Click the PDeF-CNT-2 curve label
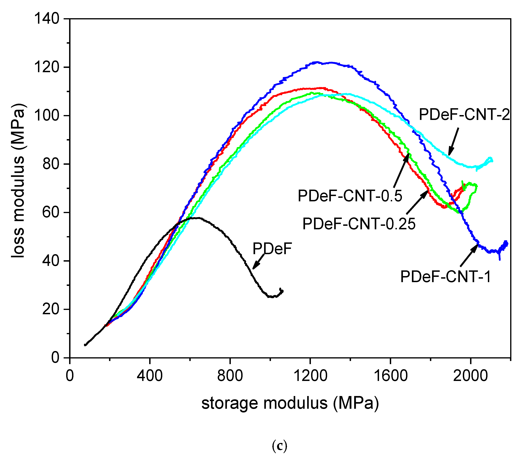(464, 115)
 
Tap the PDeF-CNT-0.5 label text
(350, 196)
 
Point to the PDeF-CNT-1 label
(446, 277)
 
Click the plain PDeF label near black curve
(272, 249)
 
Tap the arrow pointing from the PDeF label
(258, 262)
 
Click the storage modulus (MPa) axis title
(290, 403)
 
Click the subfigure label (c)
(280, 446)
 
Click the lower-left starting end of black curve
(85, 345)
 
